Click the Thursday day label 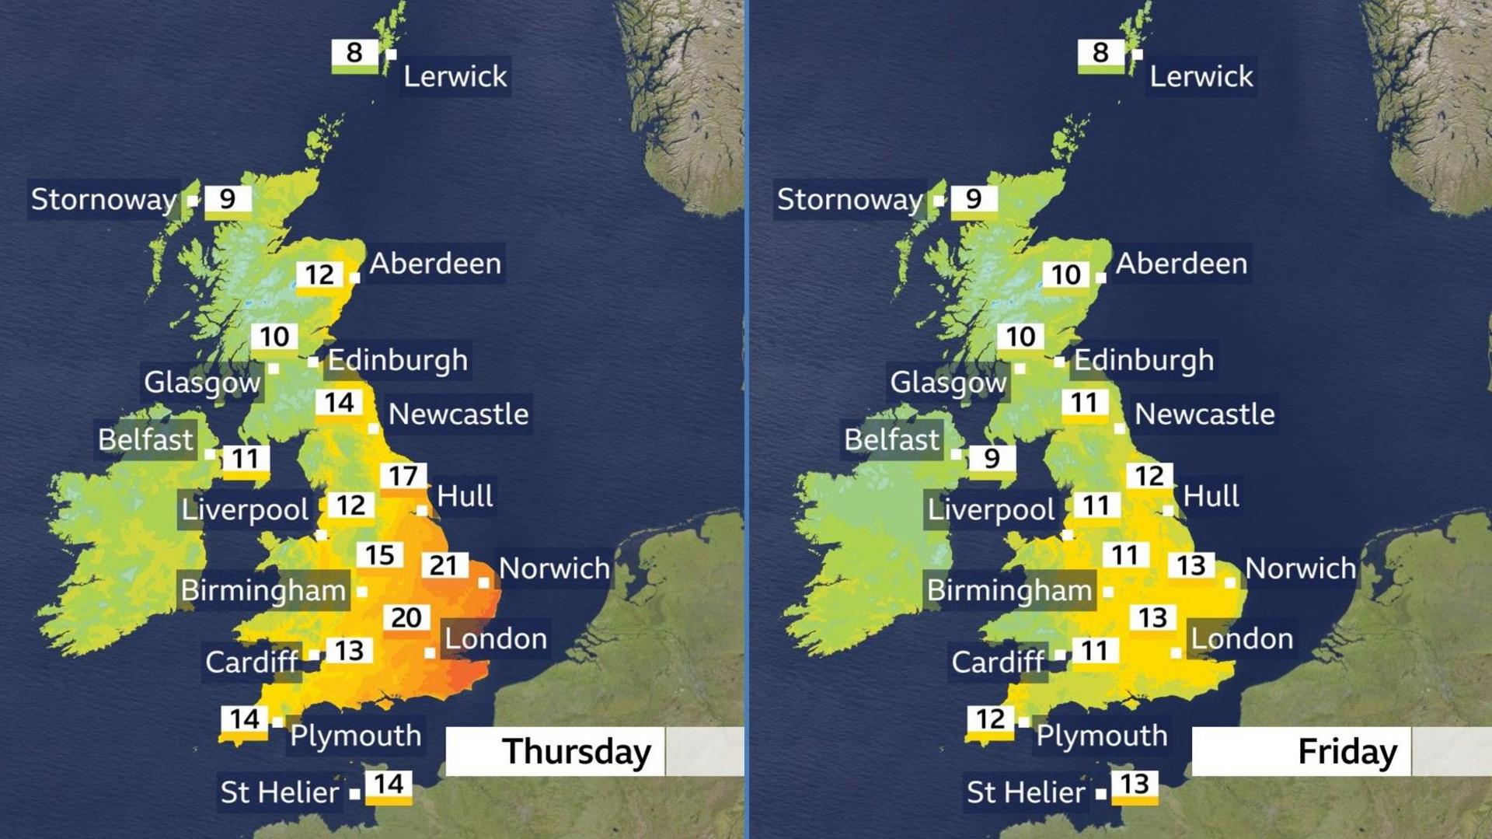click(576, 752)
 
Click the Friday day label click(1347, 752)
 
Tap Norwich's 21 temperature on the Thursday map click(444, 565)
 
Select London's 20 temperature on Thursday click(406, 618)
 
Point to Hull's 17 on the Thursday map click(403, 476)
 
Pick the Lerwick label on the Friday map click(1201, 76)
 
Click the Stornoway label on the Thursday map click(103, 200)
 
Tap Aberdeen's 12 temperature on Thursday click(319, 274)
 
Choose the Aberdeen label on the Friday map click(1181, 264)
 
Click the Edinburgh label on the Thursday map click(398, 360)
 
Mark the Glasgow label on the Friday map click(947, 382)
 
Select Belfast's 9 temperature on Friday click(992, 459)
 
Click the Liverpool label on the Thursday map click(245, 510)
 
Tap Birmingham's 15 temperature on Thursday click(380, 555)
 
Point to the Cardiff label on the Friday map click(998, 662)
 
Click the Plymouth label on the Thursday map click(356, 736)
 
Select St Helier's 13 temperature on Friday click(1135, 785)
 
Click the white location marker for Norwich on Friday click(1230, 582)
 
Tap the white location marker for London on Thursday click(430, 653)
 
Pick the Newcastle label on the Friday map click(1204, 414)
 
